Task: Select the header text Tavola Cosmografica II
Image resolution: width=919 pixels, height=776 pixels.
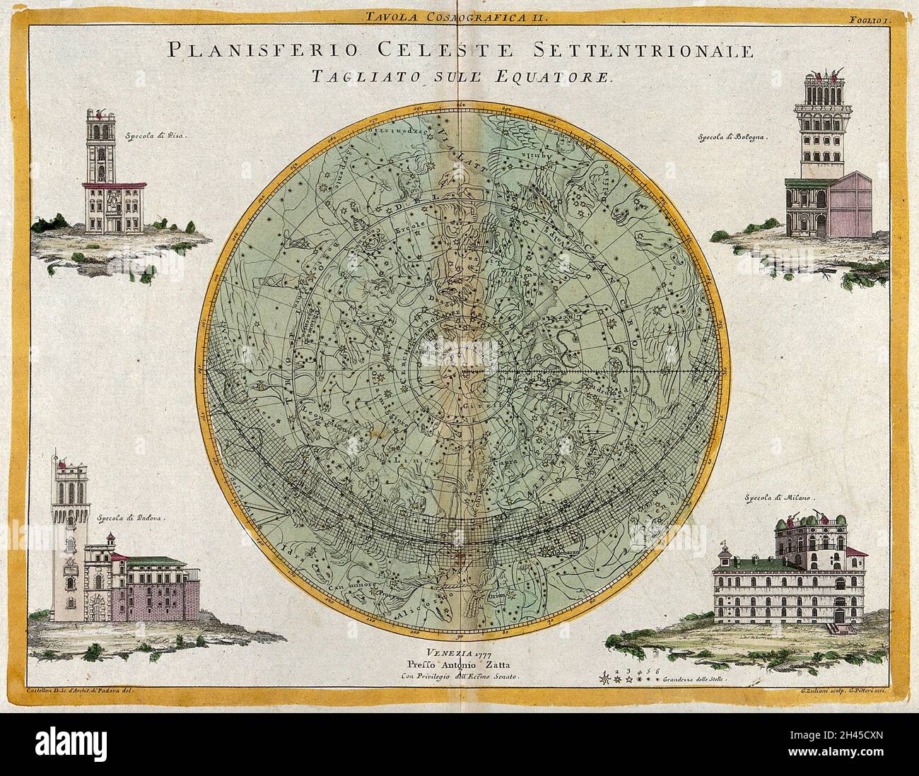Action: click(459, 16)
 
